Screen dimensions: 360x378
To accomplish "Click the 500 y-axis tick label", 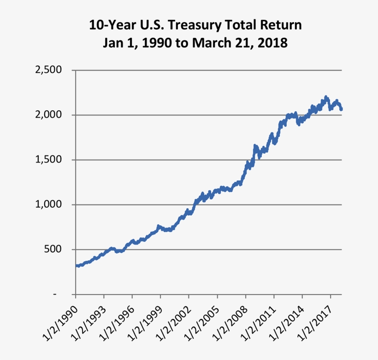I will tap(55, 250).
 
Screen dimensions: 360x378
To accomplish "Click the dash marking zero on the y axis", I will tap(55, 294).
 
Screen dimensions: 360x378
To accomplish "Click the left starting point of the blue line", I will tap(76, 266).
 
